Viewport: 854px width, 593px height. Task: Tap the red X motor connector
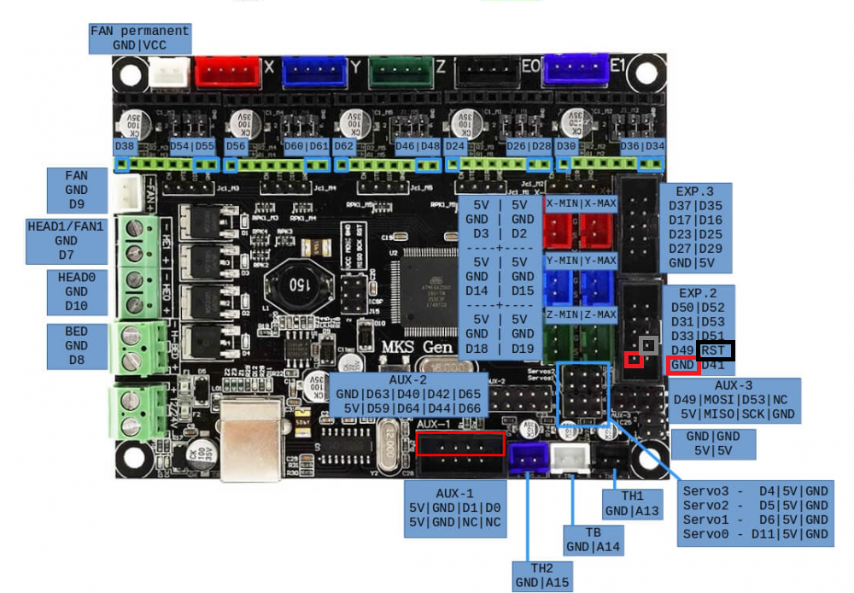tap(227, 72)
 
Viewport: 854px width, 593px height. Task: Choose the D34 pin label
tap(654, 146)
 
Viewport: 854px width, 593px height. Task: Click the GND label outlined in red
tap(683, 366)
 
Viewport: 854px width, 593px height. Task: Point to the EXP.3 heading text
tap(692, 191)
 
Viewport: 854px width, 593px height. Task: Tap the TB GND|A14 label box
tap(592, 539)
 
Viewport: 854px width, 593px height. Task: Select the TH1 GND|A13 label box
tap(632, 503)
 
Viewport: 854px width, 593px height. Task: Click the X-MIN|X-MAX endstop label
tap(581, 203)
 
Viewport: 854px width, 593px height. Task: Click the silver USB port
tap(249, 449)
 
